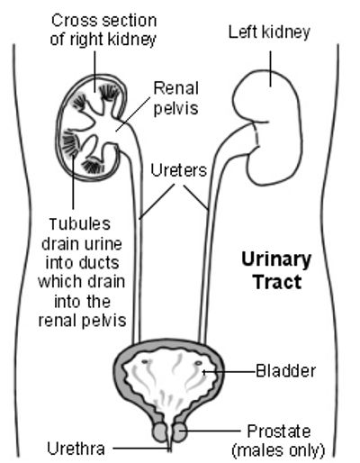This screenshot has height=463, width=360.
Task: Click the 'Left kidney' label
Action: point(269,32)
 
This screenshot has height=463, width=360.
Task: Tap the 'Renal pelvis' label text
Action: point(176,98)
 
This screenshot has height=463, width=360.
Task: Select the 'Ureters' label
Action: point(179,170)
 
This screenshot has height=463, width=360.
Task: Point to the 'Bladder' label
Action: point(285,371)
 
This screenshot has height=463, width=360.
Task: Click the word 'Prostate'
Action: point(279,431)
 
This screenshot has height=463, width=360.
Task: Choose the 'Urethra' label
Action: point(76,449)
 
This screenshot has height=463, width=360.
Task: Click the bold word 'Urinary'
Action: point(276,260)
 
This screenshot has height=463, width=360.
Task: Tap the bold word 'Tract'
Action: point(277,282)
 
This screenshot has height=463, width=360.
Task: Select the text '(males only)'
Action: point(279,450)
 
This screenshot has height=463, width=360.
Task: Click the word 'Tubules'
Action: point(80,224)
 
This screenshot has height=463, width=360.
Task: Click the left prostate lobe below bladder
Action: point(160,432)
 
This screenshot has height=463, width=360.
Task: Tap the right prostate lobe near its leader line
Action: point(180,431)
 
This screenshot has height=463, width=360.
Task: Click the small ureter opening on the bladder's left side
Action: point(146,361)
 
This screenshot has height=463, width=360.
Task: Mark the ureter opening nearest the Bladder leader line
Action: point(198,363)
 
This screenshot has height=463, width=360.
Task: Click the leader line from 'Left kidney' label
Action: point(271,68)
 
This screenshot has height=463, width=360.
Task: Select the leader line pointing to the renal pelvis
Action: point(132,114)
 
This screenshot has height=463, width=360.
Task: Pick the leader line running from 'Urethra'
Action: point(141,449)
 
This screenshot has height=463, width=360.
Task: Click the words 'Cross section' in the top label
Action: point(103,21)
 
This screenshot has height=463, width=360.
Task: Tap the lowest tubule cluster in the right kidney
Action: point(94,166)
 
